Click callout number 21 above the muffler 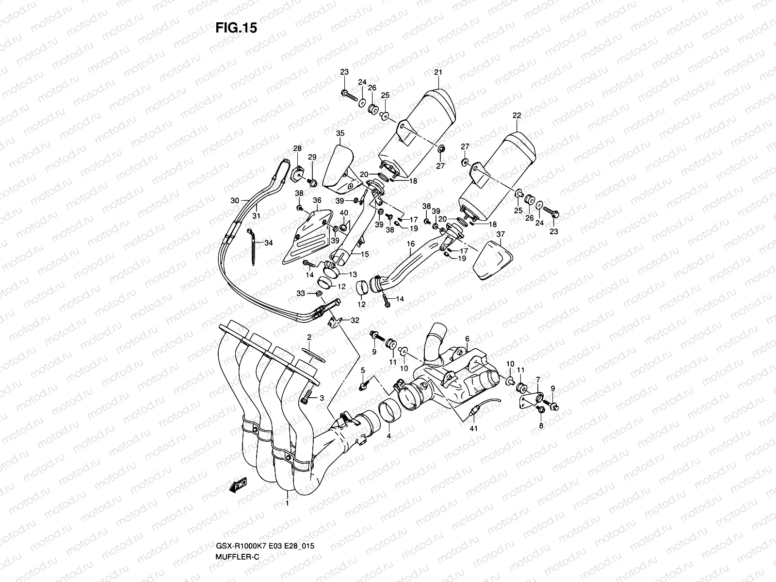click(438, 73)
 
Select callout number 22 click(517, 115)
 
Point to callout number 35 click(340, 133)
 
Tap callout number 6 click(468, 339)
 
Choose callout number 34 click(269, 243)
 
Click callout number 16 click(411, 244)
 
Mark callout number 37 click(501, 234)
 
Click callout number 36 click(317, 200)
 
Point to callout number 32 click(355, 320)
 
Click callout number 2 click(308, 336)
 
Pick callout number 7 click(537, 379)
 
